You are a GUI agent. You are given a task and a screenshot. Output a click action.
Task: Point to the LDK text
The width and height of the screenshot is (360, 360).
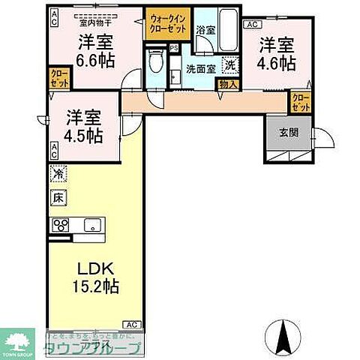coord(94,268)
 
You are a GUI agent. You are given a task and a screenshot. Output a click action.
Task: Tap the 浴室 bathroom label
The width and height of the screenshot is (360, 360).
coord(205,31)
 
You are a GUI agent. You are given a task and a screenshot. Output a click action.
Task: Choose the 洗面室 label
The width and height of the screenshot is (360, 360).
coord(202,68)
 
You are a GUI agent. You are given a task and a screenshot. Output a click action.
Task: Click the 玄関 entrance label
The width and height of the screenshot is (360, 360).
coord(288,133)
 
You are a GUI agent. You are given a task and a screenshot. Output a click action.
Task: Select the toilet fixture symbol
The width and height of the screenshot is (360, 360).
coord(155,61)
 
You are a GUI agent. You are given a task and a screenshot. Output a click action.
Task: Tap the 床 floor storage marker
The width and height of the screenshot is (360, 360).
coord(58,198)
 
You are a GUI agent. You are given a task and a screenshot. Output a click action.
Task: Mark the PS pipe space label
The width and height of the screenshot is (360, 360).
coord(174,48)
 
